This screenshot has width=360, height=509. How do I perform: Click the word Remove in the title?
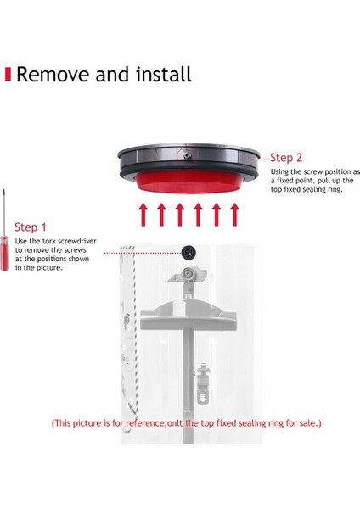coord(52,74)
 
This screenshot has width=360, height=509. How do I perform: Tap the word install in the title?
coord(162,74)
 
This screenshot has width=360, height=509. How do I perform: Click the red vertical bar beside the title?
coord(8,74)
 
